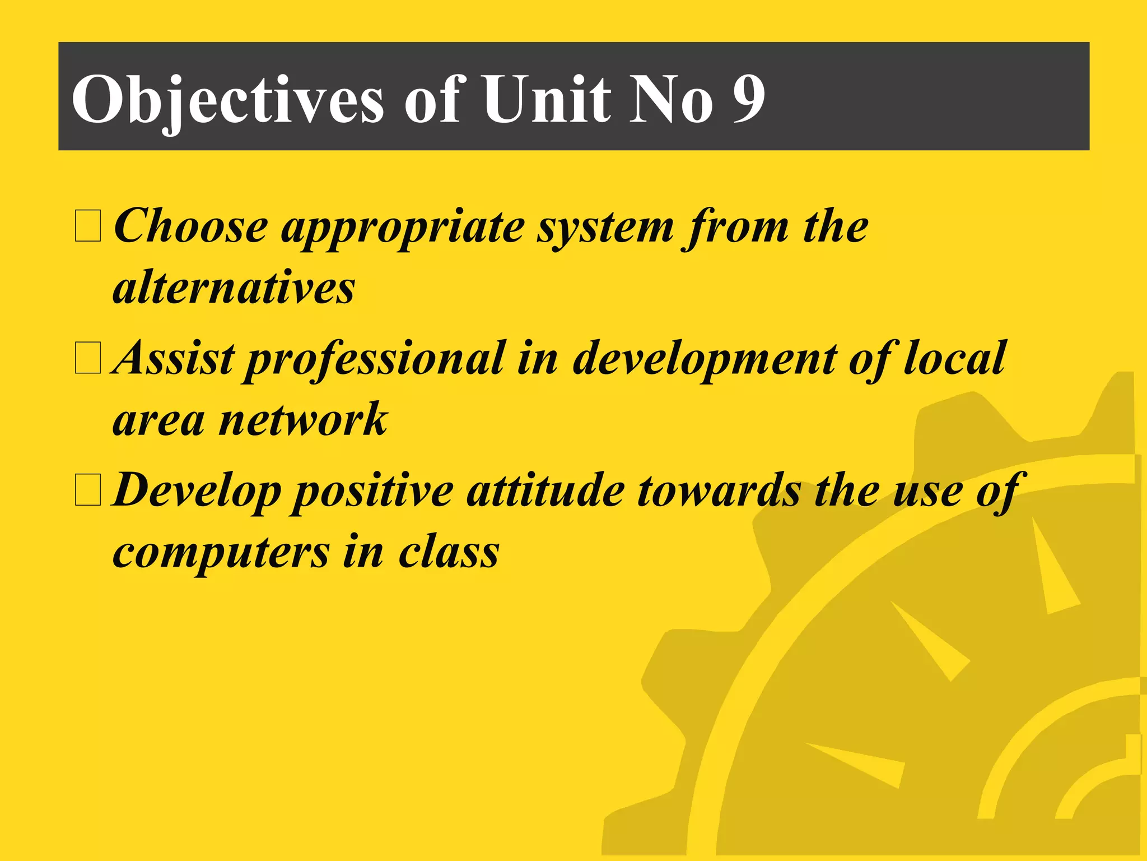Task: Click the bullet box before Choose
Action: click(x=88, y=226)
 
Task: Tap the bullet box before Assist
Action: click(x=88, y=358)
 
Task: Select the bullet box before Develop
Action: click(x=88, y=490)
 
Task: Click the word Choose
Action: click(x=191, y=226)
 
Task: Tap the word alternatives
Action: click(x=234, y=288)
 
